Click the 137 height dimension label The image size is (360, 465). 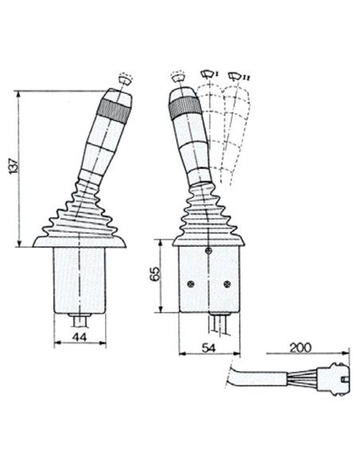tap(14, 167)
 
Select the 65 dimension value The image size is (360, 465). tap(155, 274)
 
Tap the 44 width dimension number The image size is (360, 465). tap(80, 337)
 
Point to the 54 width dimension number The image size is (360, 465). tap(209, 348)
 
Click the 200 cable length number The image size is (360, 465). tap(300, 348)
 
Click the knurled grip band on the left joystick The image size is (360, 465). tap(115, 109)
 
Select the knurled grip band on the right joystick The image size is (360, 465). tap(185, 107)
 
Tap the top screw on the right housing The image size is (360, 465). tap(209, 251)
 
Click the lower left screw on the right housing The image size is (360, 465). tap(191, 284)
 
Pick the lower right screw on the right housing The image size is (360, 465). tap(227, 284)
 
